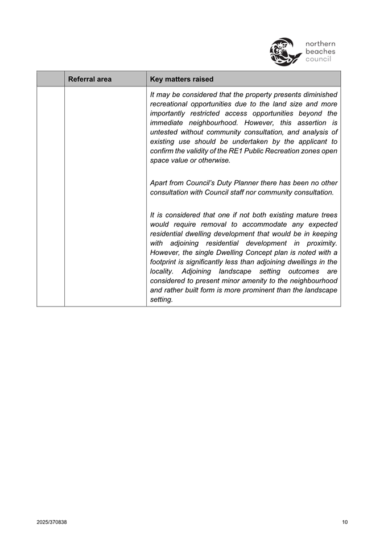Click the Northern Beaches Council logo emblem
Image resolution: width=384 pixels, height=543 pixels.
[286, 52]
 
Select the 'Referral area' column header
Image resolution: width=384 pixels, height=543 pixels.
[90, 79]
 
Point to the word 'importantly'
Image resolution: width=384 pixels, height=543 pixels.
[168, 113]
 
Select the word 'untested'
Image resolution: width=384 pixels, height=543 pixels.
[164, 132]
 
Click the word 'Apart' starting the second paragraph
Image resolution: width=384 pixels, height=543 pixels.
[160, 183]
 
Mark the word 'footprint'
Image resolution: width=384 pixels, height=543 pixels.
[166, 262]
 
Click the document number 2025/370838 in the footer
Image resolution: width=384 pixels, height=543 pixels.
[51, 523]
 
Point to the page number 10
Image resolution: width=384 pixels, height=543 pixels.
[345, 523]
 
